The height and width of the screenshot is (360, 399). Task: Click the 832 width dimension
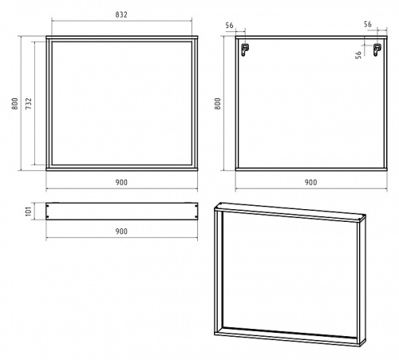121,14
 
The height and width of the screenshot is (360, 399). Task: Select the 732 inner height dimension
29,104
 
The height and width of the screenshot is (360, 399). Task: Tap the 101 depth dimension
29,211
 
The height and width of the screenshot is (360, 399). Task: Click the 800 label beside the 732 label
14,104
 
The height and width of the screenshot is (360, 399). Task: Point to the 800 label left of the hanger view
218,104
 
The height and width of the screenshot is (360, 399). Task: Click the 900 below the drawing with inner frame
121,183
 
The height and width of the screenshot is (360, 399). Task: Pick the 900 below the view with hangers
310,183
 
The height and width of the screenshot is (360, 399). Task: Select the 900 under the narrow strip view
121,231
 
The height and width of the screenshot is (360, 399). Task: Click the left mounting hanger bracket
245,49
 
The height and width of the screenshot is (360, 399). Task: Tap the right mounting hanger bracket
377,49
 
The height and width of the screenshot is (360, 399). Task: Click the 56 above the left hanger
229,26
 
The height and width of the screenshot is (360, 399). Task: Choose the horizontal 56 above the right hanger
368,24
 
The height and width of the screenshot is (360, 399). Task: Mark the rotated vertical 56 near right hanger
358,55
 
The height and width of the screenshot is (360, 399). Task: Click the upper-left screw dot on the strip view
47,206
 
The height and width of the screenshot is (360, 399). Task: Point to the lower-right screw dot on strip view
196,217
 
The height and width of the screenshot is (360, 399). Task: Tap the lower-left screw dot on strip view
47,217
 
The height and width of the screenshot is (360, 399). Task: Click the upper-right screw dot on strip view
196,206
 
